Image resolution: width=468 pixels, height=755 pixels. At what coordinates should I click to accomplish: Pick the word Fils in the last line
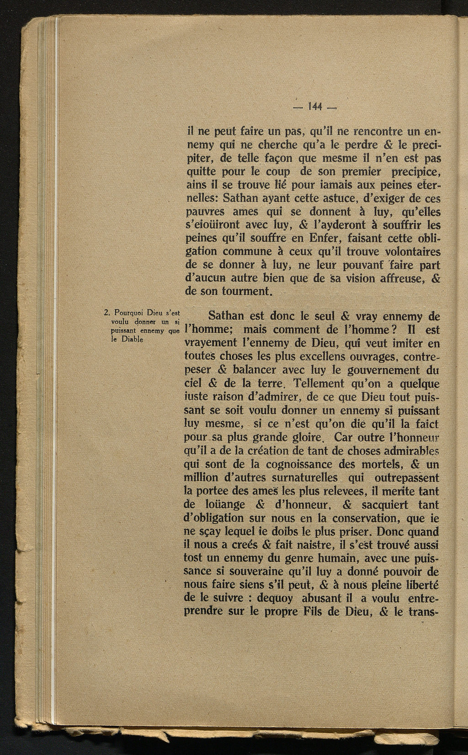(313, 612)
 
